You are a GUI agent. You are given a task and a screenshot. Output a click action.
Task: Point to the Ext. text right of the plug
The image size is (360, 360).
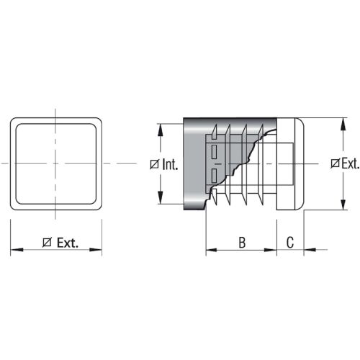tap(349, 163)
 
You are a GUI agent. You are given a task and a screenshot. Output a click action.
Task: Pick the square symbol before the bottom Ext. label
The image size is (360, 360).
tap(47, 243)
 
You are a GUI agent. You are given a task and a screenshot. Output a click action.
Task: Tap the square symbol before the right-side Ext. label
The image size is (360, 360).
tap(334, 163)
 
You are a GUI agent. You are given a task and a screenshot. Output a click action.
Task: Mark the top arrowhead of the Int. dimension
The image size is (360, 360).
tap(161, 129)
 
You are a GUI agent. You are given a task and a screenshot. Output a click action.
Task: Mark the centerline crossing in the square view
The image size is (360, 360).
tap(55, 163)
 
